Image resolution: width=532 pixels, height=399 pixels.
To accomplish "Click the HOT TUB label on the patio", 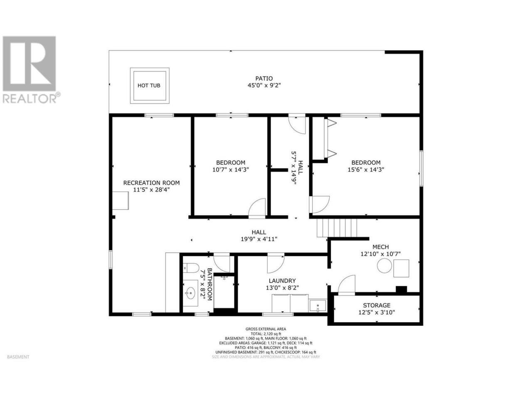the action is click(148, 86).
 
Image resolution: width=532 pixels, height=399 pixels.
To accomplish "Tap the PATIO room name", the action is click(264, 79).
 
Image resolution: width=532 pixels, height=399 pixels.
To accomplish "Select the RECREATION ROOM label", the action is click(151, 183).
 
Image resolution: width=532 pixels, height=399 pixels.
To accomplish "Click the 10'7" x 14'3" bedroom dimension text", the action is click(231, 170).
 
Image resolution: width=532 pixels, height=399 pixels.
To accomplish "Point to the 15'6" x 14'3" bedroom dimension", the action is click(366, 170).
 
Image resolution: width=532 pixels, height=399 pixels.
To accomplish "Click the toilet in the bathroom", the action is click(190, 268).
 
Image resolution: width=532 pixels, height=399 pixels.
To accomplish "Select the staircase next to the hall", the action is click(337, 228).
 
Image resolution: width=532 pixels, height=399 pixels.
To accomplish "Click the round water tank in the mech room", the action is click(384, 266).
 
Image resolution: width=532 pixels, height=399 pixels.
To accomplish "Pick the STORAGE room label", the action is click(377, 305).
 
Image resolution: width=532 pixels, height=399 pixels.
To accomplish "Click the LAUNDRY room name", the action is click(282, 281).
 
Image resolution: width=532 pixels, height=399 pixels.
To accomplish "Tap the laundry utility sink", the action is click(318, 305).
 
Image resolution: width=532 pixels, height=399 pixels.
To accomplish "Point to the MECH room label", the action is click(381, 247).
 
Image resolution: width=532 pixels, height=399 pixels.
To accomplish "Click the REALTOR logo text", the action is click(30, 99).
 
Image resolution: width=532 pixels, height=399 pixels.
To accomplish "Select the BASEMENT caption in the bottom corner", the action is click(18, 357).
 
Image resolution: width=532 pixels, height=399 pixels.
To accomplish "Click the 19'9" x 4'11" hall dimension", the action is click(259, 239).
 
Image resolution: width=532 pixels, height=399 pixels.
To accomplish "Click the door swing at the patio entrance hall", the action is click(297, 125).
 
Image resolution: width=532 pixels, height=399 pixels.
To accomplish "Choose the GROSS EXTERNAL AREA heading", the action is click(266, 329).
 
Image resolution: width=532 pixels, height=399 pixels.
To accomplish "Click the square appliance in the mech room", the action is click(401, 268).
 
